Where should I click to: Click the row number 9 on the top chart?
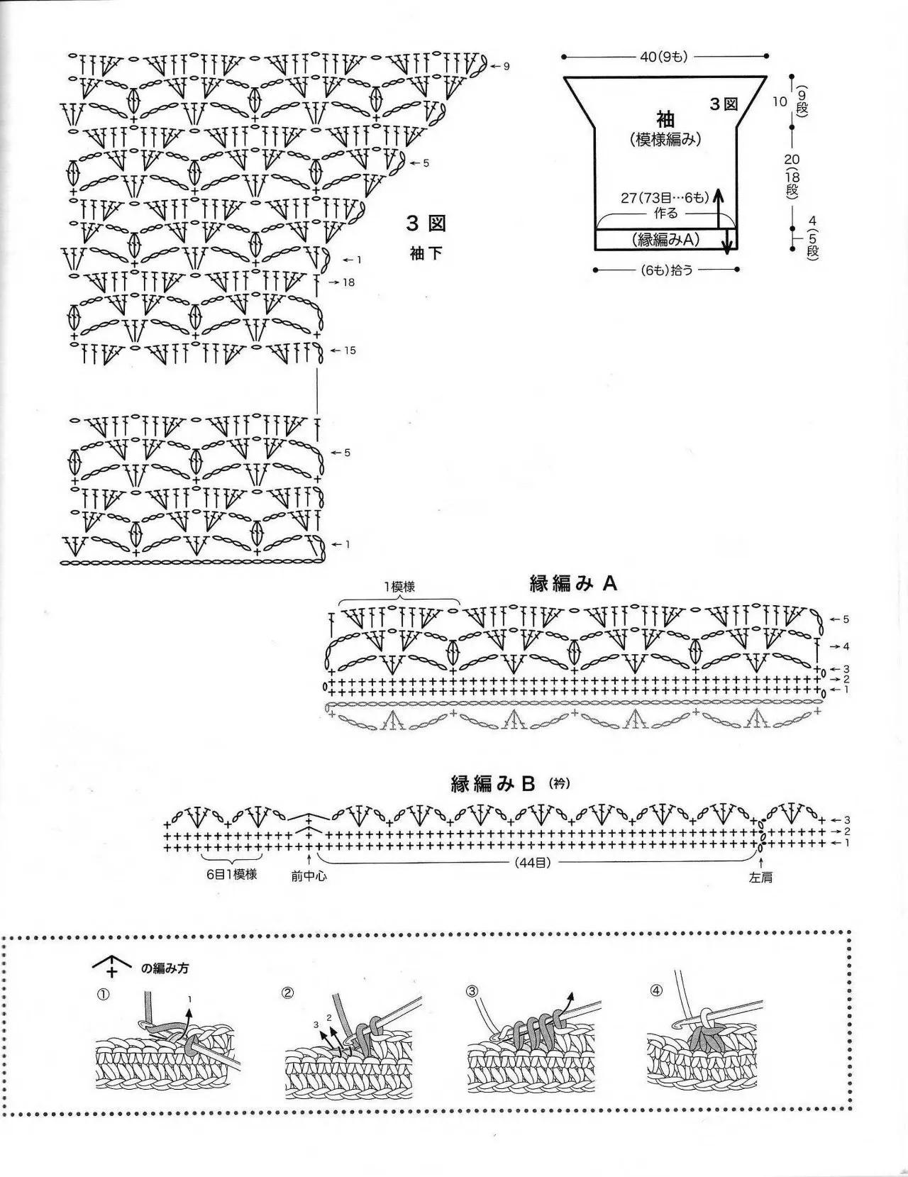click(x=506, y=67)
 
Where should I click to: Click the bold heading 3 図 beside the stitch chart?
click(x=426, y=223)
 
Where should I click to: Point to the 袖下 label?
click(x=426, y=253)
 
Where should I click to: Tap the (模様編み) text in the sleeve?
click(x=665, y=140)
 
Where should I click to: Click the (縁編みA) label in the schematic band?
click(x=665, y=239)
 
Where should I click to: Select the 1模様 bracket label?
click(x=399, y=587)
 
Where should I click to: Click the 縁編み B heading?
click(x=493, y=784)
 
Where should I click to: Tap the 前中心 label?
click(x=309, y=876)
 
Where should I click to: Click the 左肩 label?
click(x=760, y=878)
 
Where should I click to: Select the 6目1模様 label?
click(x=232, y=874)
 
